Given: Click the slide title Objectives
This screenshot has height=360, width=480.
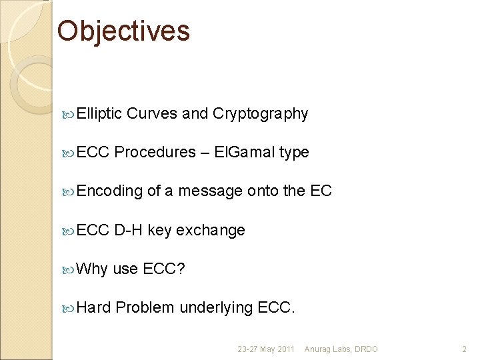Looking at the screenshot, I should [x=123, y=31].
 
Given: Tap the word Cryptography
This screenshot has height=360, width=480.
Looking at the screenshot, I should [x=260, y=114].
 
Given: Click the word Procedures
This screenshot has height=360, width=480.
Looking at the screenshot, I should [x=155, y=153].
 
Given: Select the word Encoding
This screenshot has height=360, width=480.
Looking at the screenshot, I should [x=109, y=191].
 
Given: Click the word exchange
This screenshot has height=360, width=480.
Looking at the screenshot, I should [x=211, y=230].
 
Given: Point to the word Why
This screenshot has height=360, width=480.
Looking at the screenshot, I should [x=92, y=269].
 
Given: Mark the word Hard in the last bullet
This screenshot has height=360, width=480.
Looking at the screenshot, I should [x=94, y=307].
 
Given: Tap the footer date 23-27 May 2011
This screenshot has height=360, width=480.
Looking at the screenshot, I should [x=265, y=349].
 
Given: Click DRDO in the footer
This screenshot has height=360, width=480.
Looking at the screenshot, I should [x=366, y=349].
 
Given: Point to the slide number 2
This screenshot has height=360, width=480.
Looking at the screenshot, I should [x=465, y=349].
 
